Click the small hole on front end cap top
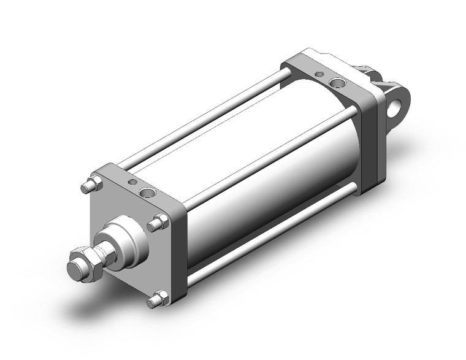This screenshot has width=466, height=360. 131,182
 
